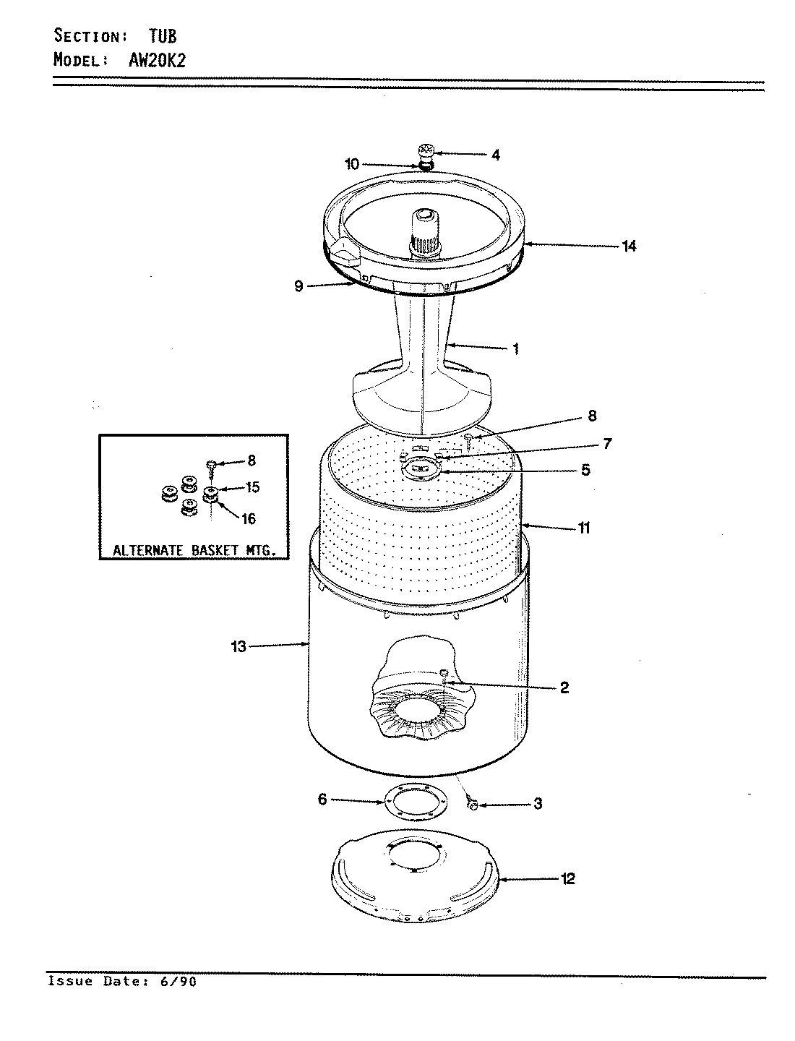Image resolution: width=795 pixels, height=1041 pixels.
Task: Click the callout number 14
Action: [629, 247]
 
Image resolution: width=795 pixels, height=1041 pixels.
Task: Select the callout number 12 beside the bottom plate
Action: [568, 879]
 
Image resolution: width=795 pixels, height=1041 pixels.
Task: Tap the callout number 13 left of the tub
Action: [239, 646]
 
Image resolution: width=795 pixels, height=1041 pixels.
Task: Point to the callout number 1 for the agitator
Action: [515, 348]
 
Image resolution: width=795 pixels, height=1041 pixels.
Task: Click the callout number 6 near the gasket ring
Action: [322, 799]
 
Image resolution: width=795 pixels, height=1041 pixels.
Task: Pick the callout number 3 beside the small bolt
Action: [538, 803]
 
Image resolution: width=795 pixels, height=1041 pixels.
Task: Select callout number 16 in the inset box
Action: [247, 519]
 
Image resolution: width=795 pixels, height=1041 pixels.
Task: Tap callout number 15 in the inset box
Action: [252, 487]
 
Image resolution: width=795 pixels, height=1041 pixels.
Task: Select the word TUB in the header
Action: [163, 36]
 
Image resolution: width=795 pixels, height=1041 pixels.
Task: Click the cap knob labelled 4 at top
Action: [426, 152]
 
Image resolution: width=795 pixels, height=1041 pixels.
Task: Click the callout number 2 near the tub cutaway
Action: [564, 687]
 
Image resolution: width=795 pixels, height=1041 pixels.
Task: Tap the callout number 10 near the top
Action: [351, 164]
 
